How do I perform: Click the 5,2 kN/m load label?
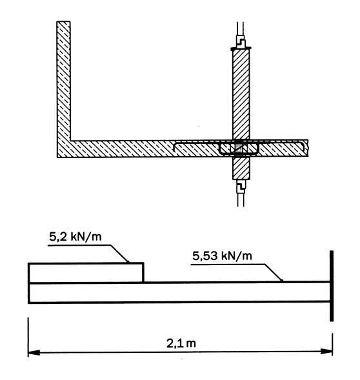click(x=75, y=237)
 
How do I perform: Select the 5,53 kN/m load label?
click(x=222, y=256)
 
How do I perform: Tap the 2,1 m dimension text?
click(x=181, y=343)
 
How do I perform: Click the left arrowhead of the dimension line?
click(x=34, y=352)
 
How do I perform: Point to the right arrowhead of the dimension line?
click(x=326, y=351)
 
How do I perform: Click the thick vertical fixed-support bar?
click(x=332, y=286)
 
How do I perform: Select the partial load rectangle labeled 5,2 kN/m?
click(x=86, y=273)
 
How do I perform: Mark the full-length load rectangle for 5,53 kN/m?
click(x=179, y=292)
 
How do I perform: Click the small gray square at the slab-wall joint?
click(x=239, y=148)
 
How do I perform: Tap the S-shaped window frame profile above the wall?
click(x=241, y=43)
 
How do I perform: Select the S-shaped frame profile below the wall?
click(x=241, y=186)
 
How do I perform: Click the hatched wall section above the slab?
click(x=241, y=94)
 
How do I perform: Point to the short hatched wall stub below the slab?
click(x=241, y=168)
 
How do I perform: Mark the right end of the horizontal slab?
click(x=308, y=148)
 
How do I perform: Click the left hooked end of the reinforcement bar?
click(x=175, y=147)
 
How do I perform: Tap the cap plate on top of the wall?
click(x=241, y=49)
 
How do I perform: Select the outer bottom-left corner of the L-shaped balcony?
click(x=57, y=157)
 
